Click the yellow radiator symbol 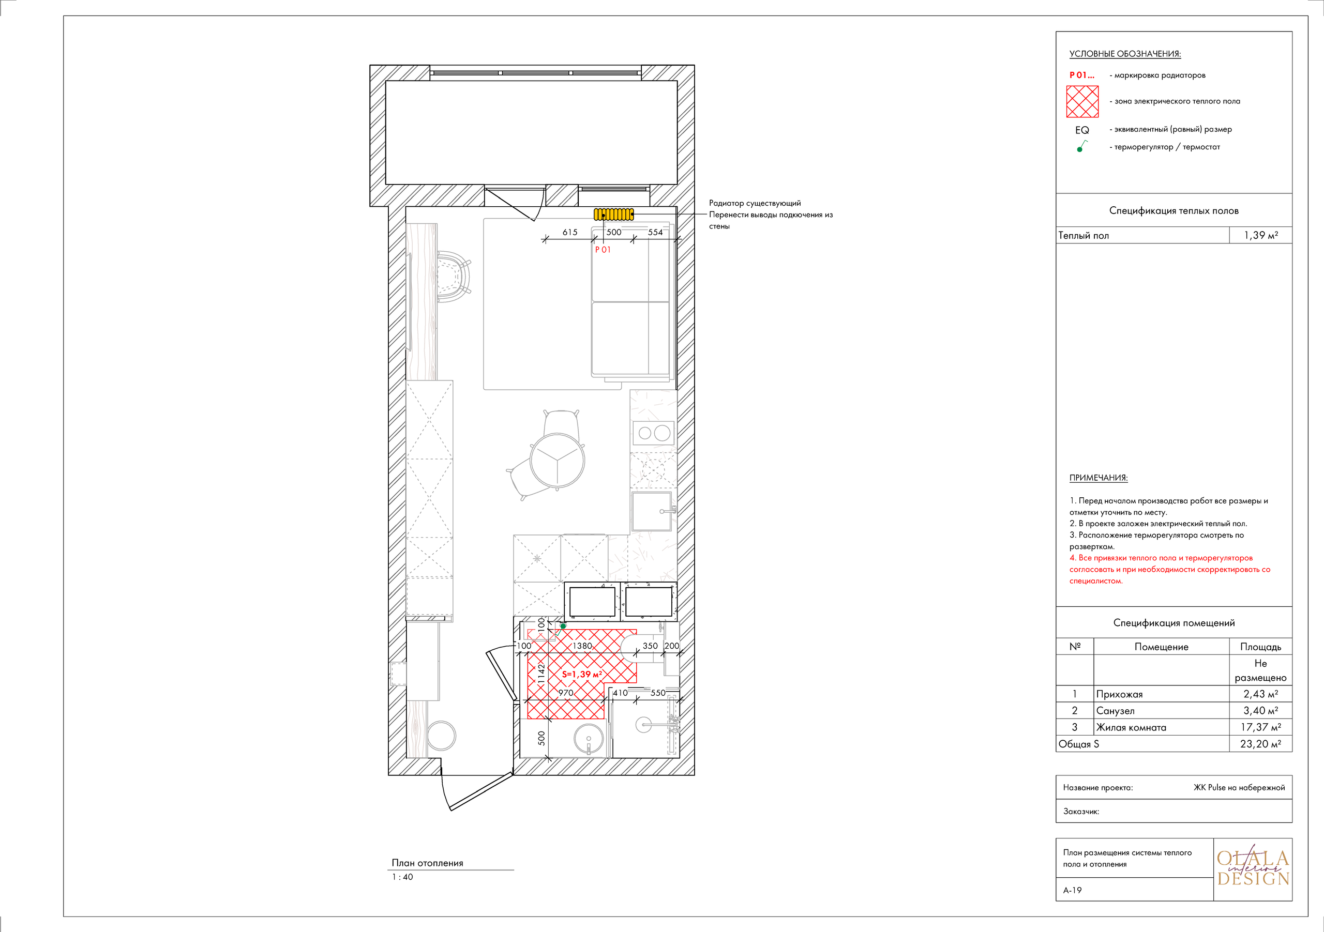tap(613, 215)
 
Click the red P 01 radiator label tap(603, 250)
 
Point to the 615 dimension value tap(570, 232)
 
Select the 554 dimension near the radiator tap(655, 232)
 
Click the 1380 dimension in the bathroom tap(582, 646)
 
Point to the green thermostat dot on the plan tap(563, 626)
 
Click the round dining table tap(557, 460)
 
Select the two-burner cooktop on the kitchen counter tap(653, 433)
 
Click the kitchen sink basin tap(651, 511)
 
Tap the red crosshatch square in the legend tap(1082, 101)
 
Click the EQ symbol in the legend tap(1082, 130)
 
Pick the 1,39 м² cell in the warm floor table tap(1260, 235)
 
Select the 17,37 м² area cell tap(1260, 727)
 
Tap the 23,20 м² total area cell tap(1260, 744)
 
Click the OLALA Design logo tap(1253, 868)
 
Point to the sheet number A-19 tap(1073, 890)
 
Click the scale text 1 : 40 tap(402, 877)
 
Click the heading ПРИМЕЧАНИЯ tap(1098, 478)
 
